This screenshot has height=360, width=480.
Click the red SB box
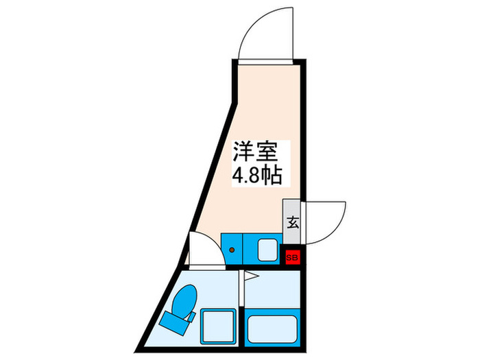pos(292,257)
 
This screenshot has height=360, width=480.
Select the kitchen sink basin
pos(266,250)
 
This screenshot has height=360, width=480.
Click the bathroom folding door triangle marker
pos(251,277)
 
